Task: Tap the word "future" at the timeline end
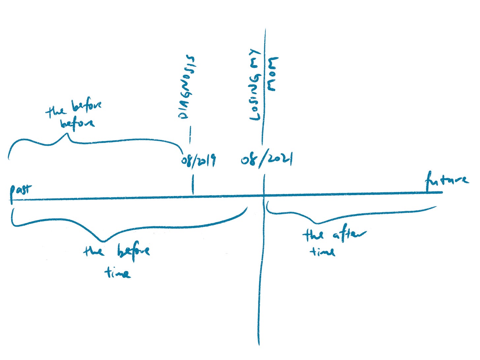click(447, 180)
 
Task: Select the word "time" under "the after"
click(322, 251)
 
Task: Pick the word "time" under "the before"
click(117, 273)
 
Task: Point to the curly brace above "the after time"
click(349, 214)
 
